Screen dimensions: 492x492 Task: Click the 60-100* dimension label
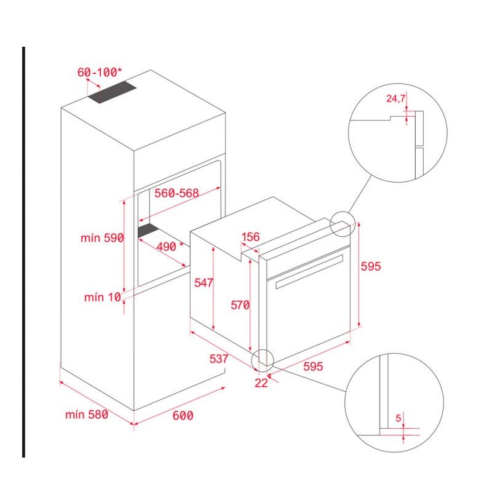click(x=100, y=72)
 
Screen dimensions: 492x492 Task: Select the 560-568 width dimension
click(x=177, y=193)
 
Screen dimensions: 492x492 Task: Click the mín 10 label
click(x=103, y=298)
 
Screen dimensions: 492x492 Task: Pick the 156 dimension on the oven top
click(x=250, y=237)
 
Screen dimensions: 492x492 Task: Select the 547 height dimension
click(x=203, y=283)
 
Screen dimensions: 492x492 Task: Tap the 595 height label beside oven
click(x=371, y=266)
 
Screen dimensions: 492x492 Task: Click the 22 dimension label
click(x=261, y=383)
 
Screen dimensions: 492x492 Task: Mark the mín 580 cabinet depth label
click(x=87, y=415)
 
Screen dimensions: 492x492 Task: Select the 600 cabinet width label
click(x=182, y=416)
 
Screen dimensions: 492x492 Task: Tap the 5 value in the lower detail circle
click(x=399, y=418)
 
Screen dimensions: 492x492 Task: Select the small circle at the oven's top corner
click(x=343, y=224)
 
